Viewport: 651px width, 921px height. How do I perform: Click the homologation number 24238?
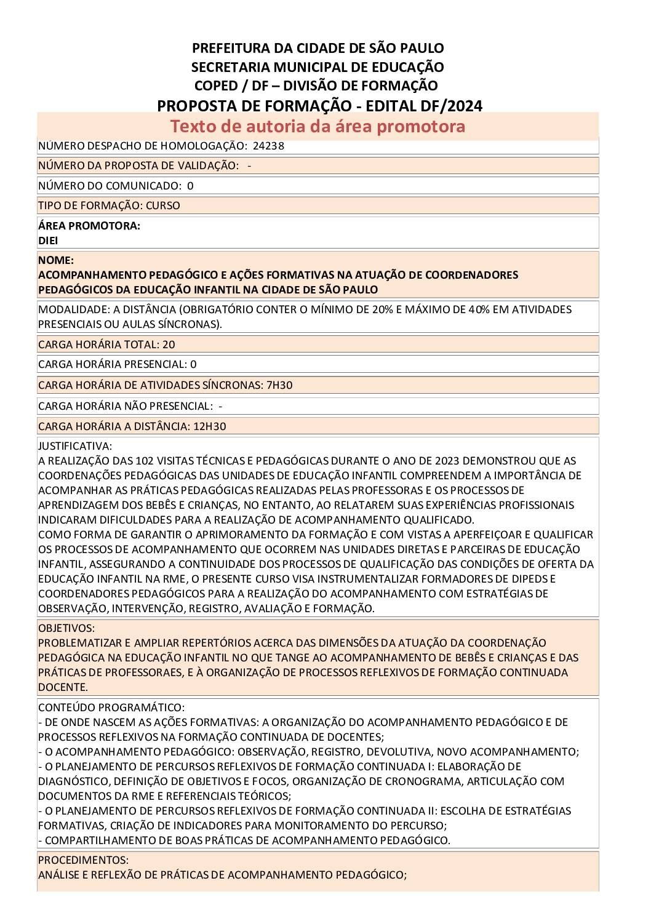click(x=268, y=146)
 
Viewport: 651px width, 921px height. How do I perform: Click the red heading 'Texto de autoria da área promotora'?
click(x=318, y=126)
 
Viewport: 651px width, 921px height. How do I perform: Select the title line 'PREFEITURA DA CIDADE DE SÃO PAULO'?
click(x=318, y=48)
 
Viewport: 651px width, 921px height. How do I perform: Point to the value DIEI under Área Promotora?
click(x=48, y=241)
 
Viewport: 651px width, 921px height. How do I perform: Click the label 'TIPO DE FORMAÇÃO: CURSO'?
click(x=109, y=205)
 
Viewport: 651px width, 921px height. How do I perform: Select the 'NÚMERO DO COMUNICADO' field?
click(x=116, y=186)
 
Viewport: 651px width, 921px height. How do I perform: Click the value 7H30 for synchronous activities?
click(x=279, y=385)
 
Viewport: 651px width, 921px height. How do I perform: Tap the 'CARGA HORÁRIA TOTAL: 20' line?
click(x=106, y=345)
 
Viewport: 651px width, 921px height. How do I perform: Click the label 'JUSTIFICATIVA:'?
click(x=75, y=446)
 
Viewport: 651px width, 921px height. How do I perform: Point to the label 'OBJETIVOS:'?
click(x=66, y=628)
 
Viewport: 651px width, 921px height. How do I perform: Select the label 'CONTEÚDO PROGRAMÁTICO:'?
click(x=111, y=708)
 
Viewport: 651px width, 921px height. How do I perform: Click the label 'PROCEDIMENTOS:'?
click(x=83, y=860)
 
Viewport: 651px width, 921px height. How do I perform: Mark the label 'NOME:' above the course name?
click(x=56, y=260)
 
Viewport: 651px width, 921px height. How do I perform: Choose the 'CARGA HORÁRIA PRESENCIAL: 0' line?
click(x=117, y=364)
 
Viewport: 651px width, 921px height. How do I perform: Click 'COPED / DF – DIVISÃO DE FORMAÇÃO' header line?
click(x=316, y=86)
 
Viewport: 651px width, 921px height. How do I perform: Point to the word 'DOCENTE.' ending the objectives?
click(x=63, y=687)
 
